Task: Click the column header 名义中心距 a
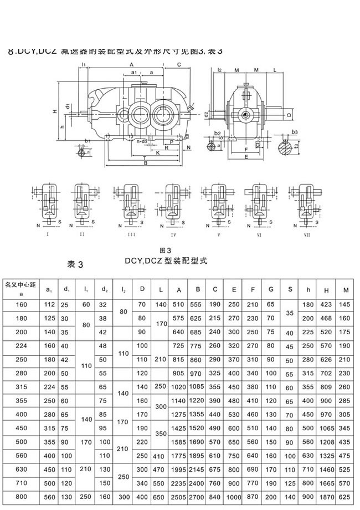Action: click(x=20, y=288)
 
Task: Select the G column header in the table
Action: click(x=271, y=289)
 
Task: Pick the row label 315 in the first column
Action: click(x=21, y=387)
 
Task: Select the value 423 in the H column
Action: click(x=327, y=304)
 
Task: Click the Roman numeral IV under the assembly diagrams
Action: click(x=172, y=234)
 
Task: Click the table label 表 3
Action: click(x=74, y=263)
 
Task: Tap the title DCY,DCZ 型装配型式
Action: click(x=165, y=261)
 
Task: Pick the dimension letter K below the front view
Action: click(x=158, y=152)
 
